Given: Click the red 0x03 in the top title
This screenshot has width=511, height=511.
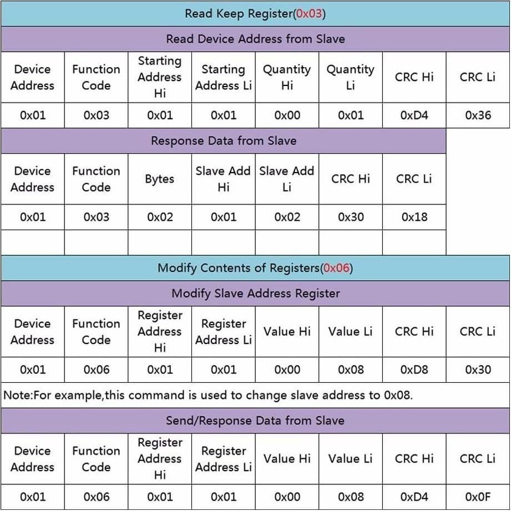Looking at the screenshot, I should click(309, 13).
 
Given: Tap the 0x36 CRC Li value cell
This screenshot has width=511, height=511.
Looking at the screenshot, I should click(478, 115).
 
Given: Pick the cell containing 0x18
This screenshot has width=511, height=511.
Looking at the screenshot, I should click(414, 217).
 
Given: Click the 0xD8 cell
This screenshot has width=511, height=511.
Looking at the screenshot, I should click(414, 370).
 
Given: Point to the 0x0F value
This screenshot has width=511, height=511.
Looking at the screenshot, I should click(478, 497).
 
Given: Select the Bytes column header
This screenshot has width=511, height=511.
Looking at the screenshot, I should click(160, 179).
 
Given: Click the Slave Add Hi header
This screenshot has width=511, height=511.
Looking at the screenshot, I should click(223, 179).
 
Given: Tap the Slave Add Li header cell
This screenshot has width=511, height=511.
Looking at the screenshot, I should click(287, 179).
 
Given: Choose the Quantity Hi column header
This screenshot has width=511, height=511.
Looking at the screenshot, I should click(287, 77).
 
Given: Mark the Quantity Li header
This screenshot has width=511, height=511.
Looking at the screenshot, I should click(350, 77).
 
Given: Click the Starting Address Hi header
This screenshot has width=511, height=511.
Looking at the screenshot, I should click(160, 77).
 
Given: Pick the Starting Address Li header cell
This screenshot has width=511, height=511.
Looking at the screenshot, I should click(223, 77).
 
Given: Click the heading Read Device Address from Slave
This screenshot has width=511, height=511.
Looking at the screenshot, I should click(255, 39).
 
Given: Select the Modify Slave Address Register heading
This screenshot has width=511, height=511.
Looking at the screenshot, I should click(255, 294).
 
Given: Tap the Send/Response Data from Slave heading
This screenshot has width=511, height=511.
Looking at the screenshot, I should click(255, 421).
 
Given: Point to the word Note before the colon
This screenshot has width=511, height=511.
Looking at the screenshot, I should click(15, 396).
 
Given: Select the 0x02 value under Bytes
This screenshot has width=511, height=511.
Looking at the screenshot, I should click(160, 217).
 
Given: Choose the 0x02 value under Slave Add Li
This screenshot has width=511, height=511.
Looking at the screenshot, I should click(287, 217).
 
